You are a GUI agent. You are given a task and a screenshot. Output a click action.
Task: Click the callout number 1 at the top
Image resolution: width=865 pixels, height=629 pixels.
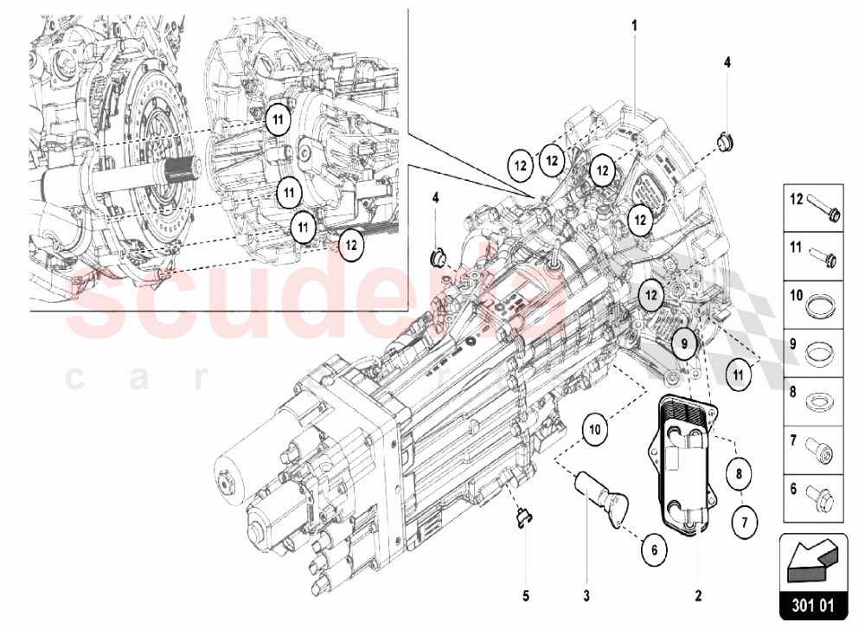(x=634, y=26)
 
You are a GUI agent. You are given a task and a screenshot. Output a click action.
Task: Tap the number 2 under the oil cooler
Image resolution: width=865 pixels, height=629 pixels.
(x=698, y=595)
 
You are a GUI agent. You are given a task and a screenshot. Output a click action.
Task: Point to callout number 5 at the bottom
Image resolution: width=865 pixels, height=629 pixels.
(x=525, y=595)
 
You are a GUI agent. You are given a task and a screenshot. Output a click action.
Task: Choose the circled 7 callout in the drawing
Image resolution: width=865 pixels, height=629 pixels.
(x=742, y=522)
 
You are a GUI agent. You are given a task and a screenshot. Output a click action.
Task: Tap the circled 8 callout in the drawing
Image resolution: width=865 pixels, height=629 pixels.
(x=738, y=474)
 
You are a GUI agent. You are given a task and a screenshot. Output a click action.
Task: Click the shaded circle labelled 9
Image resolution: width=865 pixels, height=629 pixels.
(x=682, y=343)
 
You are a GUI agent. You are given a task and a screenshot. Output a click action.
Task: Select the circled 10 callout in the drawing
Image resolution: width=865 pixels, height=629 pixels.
(x=595, y=427)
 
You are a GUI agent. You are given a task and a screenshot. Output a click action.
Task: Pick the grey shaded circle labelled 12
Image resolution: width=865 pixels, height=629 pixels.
(x=650, y=294)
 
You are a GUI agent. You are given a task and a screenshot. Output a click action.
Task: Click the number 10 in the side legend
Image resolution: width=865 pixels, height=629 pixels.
(x=797, y=296)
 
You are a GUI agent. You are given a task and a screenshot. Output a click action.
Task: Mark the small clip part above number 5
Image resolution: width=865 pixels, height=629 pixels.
(x=522, y=517)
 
